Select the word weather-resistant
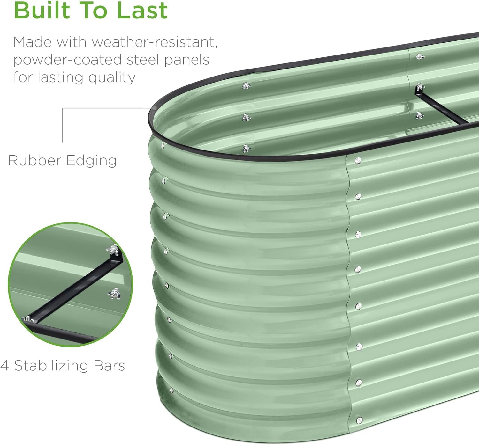[155, 42]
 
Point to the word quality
[112, 78]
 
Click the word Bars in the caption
[109, 366]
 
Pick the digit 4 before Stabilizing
[4, 366]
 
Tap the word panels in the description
[187, 60]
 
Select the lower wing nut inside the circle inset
[114, 294]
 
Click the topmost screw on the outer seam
[358, 161]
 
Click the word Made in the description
[33, 42]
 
